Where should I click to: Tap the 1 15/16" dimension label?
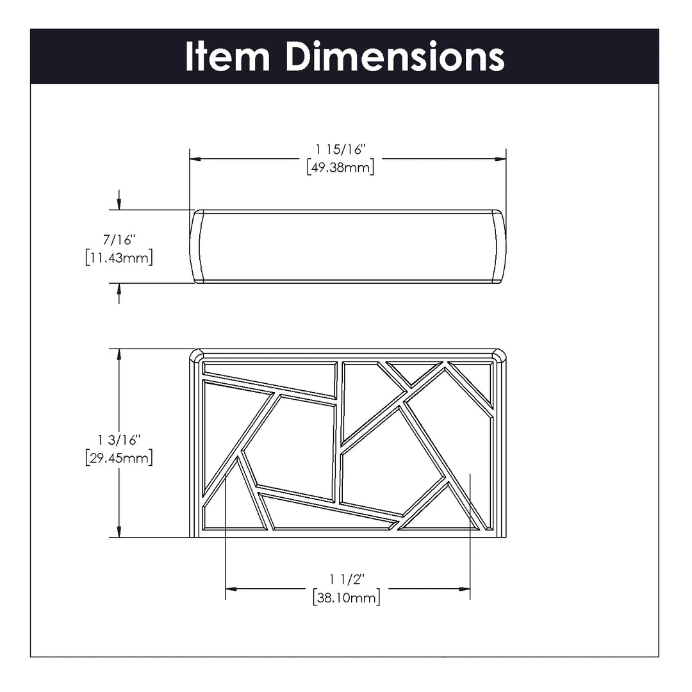point(340,149)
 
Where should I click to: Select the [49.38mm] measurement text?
point(340,167)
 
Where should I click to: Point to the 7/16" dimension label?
point(119,240)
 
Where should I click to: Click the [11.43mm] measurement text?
point(119,258)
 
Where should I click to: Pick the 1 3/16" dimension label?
point(119,440)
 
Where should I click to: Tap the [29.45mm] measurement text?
point(119,457)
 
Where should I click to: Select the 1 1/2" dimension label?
point(347,579)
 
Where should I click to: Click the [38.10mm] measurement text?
point(347,598)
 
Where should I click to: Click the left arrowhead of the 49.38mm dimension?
point(195,159)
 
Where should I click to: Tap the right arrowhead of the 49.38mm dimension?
point(500,159)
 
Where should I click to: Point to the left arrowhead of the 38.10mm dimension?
point(231,589)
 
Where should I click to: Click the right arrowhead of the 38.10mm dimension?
point(465,589)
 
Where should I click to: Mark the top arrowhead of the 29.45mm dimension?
point(119,354)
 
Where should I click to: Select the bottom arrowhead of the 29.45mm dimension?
point(119,532)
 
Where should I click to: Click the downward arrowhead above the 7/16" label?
point(119,204)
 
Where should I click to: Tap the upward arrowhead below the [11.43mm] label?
point(119,288)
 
